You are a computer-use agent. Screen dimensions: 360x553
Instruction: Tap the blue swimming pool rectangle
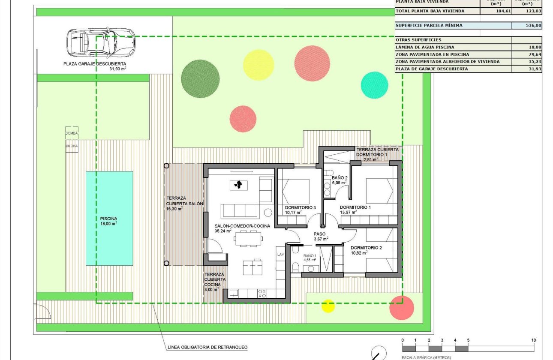pos(109,219)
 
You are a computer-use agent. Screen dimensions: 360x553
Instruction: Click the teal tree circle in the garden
pos(374,85)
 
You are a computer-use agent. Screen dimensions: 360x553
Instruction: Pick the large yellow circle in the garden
pos(258,65)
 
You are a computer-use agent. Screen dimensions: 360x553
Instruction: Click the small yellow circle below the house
pos(328,306)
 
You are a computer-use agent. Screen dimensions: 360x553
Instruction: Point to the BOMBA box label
pos(72,133)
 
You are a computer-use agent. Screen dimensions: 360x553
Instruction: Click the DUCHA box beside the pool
pos(72,146)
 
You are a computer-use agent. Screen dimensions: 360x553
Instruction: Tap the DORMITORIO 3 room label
pos(300,207)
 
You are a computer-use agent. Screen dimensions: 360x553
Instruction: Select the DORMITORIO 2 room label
pos(366,248)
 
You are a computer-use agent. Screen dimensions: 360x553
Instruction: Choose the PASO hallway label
pos(320,234)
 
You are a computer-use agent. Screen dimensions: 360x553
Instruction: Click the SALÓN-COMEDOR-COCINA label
pos(242,226)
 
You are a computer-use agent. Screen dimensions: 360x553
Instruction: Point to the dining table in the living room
pos(247,238)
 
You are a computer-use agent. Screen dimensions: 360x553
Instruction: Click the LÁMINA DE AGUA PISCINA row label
pos(425,47)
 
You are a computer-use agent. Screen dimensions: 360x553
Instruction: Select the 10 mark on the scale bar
pos(533,340)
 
